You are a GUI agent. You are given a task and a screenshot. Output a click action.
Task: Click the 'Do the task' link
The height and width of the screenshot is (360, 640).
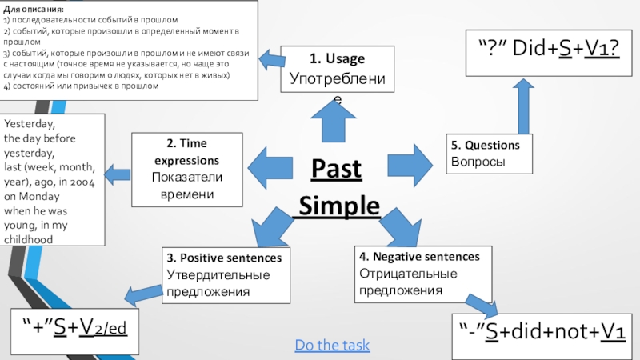tap(332, 345)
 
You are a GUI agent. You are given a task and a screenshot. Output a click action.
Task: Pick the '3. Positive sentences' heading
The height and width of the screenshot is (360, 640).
tap(224, 258)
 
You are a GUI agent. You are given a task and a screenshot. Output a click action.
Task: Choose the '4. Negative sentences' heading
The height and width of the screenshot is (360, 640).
tap(419, 257)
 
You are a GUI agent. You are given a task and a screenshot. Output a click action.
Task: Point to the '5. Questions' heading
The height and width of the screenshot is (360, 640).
tap(485, 145)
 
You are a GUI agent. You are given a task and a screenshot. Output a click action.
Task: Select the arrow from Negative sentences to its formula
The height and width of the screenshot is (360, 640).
tap(479, 302)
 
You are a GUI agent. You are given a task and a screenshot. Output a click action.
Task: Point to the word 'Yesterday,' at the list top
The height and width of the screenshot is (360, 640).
tap(30, 125)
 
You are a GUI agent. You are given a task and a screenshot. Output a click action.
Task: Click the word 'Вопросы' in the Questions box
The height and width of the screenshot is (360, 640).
tap(478, 161)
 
